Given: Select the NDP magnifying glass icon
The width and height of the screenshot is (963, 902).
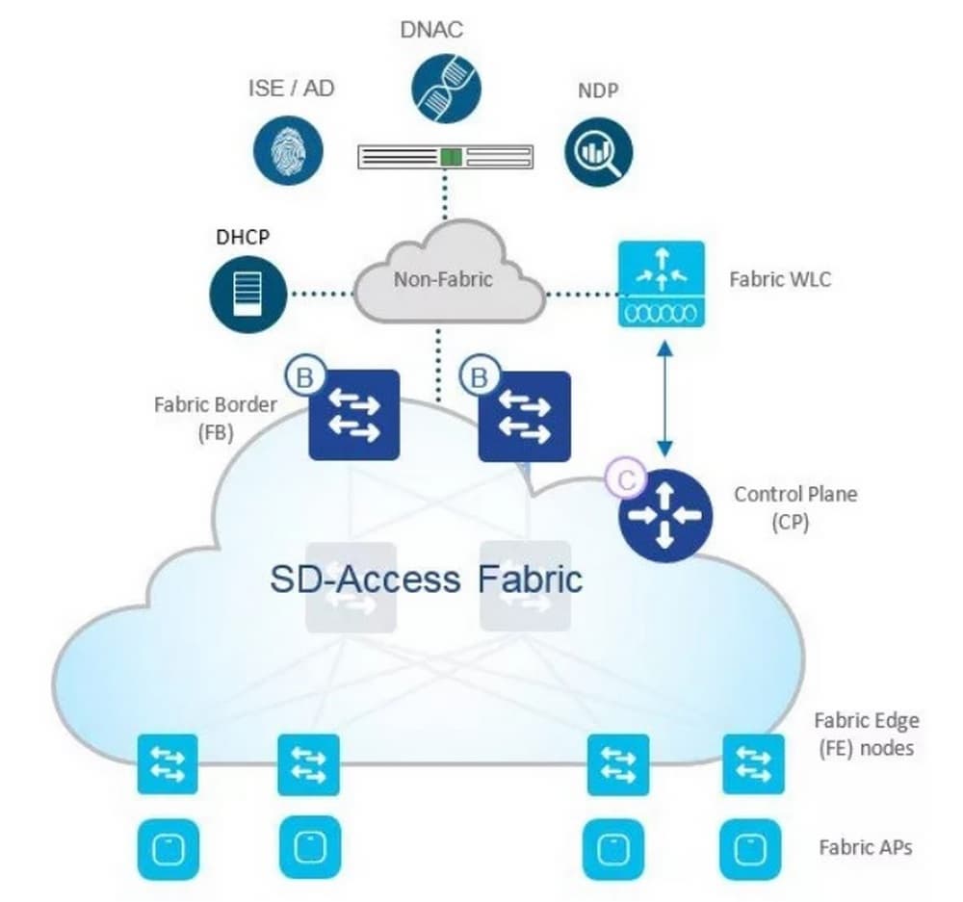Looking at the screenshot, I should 598,152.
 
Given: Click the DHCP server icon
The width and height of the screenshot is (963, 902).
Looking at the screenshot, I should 247,292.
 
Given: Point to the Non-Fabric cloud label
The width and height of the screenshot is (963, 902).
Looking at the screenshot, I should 443,279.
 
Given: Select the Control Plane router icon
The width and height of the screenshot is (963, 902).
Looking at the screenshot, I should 664,515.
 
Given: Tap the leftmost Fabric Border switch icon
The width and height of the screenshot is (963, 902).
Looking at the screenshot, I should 353,414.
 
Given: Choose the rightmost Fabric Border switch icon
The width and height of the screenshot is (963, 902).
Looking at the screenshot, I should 524,414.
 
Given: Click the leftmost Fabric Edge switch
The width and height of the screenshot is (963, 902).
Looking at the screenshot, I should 168,764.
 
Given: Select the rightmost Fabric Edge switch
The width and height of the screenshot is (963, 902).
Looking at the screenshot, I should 753,764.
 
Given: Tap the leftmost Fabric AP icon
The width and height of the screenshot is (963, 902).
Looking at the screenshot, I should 168,847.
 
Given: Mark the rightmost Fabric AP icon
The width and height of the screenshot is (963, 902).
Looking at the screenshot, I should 748,847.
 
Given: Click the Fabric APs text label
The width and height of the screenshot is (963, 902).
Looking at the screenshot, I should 865,847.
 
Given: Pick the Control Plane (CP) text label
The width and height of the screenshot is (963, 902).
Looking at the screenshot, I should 795,507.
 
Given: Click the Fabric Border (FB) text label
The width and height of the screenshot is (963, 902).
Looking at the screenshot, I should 215,418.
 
